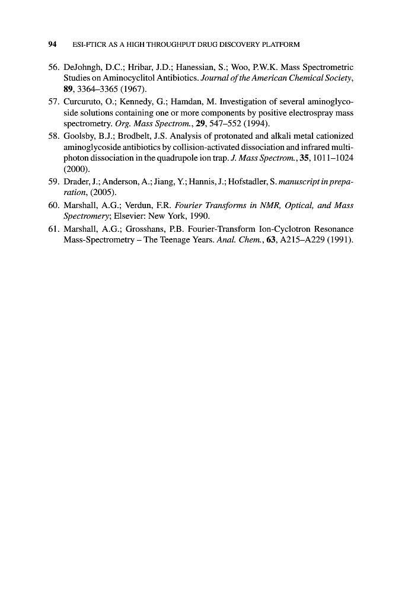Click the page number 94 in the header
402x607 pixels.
[52, 44]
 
